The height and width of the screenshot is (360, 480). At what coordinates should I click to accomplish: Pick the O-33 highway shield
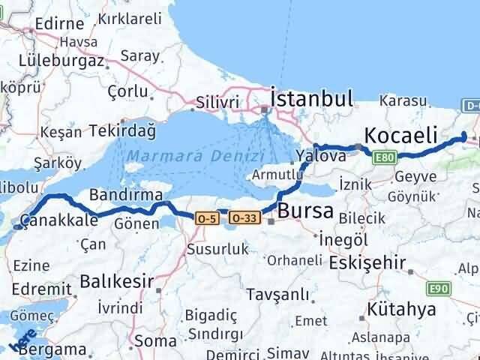click(x=245, y=218)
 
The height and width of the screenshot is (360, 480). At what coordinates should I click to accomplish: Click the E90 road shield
click(x=438, y=288)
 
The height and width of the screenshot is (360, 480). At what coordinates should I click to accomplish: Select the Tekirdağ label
click(x=122, y=130)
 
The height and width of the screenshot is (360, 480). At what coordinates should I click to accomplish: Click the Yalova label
click(x=321, y=156)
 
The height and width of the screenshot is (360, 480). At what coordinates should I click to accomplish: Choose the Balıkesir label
click(x=116, y=282)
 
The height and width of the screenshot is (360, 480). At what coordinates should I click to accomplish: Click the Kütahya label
click(x=402, y=310)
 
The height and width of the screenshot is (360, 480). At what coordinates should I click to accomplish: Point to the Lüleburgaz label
click(x=55, y=58)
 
